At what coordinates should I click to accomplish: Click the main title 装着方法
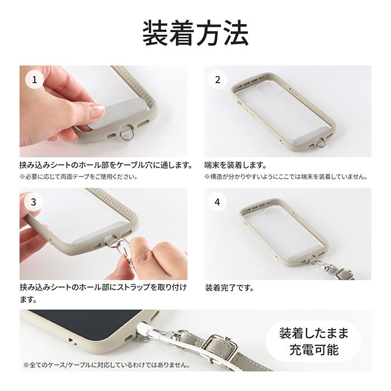pos(195,34)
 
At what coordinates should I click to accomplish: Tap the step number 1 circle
pos(35,80)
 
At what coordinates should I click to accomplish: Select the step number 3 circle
pos(35,202)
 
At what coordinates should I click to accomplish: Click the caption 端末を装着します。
pos(235,166)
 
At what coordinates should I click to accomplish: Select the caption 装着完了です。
pos(230,288)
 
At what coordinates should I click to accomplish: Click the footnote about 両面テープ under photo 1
pos(79,177)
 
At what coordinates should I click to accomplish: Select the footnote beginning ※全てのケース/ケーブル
pos(106,365)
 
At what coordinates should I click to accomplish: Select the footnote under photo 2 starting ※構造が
pos(285,177)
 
